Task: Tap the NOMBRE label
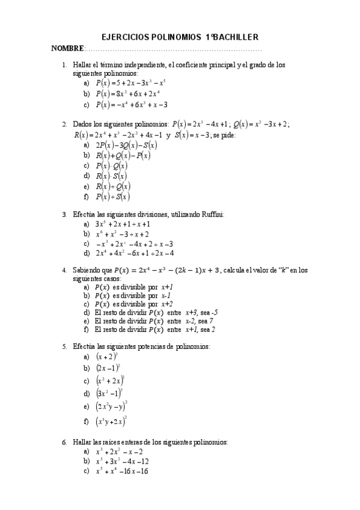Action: pyautogui.click(x=67, y=48)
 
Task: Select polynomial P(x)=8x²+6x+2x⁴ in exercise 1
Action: pyautogui.click(x=127, y=94)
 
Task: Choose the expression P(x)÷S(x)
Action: pyautogui.click(x=112, y=197)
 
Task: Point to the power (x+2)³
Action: pyautogui.click(x=106, y=356)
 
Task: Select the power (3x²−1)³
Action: pyautogui.click(x=109, y=393)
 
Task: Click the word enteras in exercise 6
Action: pyautogui.click(x=135, y=442)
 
